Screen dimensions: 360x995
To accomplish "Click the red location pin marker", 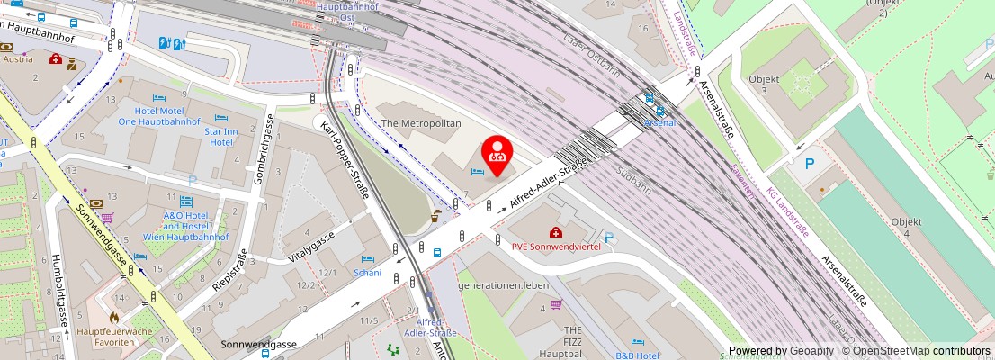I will (x=497, y=153).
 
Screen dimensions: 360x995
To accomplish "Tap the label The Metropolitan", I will (x=421, y=122).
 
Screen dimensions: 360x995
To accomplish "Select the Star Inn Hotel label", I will (x=221, y=137).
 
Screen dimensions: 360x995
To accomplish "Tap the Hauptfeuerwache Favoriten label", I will (x=113, y=337).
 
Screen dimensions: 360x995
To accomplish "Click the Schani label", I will (x=368, y=273).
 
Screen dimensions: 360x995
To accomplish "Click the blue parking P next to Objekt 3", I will (x=809, y=164).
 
